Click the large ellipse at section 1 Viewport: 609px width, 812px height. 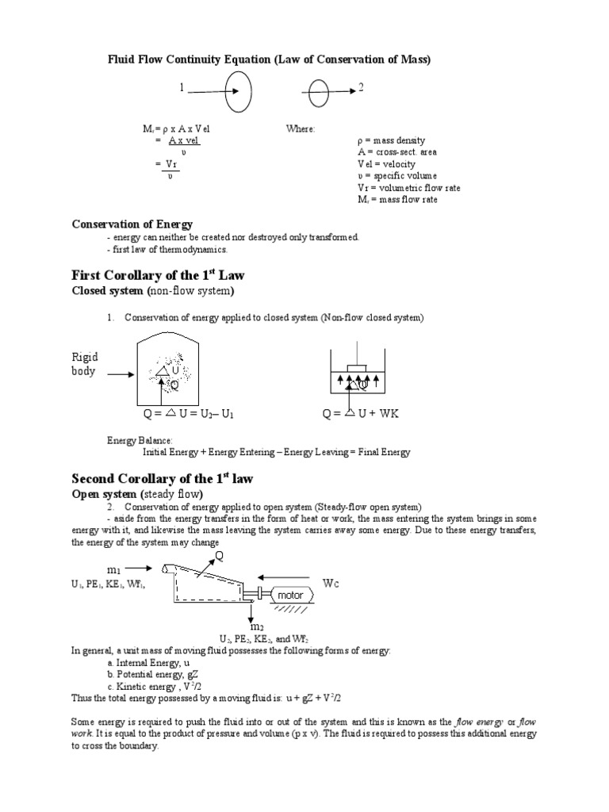239,92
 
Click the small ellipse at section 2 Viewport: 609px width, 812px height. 318,94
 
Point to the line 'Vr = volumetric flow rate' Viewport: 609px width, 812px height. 408,188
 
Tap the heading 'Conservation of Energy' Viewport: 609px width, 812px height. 132,224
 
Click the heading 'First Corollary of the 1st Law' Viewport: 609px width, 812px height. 159,275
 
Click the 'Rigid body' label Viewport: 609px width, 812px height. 85,364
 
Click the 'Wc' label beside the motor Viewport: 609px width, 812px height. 331,583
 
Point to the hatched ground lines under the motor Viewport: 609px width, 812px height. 293,611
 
